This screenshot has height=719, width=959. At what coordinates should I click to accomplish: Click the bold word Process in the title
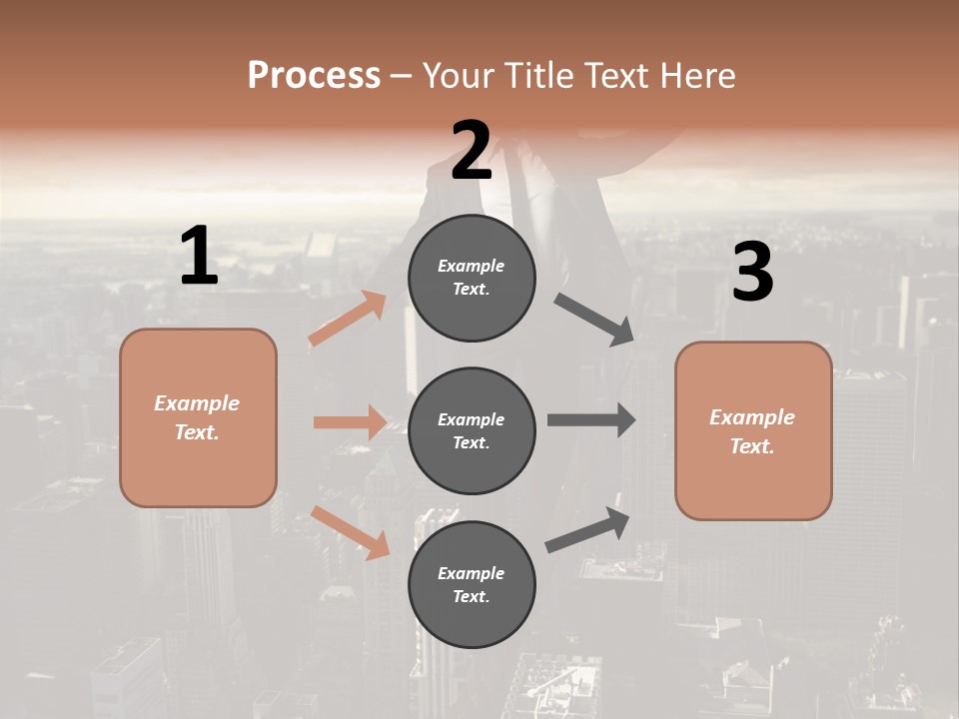[314, 75]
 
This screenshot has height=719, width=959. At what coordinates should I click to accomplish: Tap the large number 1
[199, 257]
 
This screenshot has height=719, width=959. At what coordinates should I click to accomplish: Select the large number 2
[472, 151]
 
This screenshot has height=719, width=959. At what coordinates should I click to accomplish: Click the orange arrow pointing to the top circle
[348, 319]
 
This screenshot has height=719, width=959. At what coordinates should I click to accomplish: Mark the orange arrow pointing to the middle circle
[350, 422]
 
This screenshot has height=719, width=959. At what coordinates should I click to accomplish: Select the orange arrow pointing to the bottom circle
[351, 532]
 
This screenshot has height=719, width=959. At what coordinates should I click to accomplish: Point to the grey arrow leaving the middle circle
[590, 419]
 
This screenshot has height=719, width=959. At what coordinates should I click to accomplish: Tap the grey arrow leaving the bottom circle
[588, 530]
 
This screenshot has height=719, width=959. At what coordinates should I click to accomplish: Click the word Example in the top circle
[471, 266]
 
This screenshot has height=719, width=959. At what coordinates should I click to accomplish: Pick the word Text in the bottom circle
[470, 596]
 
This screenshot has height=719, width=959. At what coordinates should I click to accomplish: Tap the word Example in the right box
[751, 417]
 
